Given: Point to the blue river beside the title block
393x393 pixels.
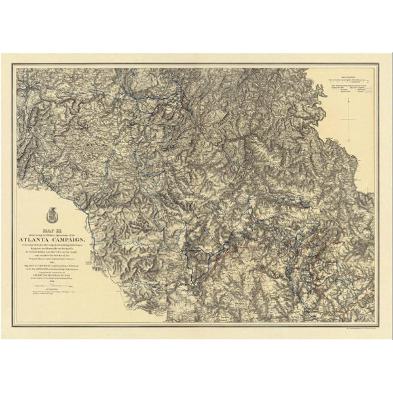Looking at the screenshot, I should coord(98,242).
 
